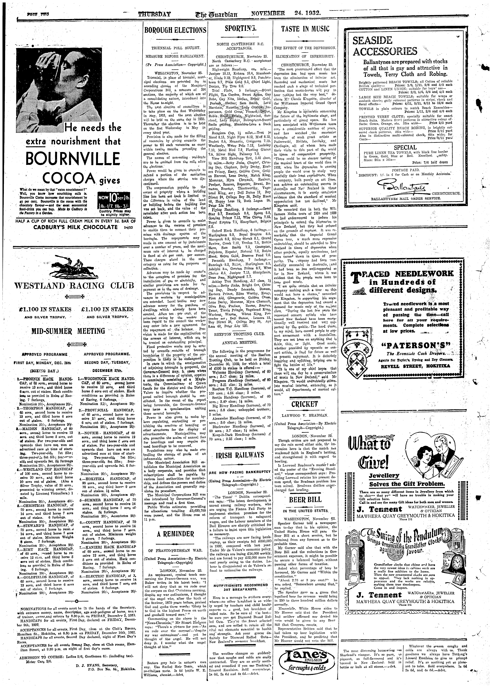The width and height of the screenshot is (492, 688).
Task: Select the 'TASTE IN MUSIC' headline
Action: pyautogui.click(x=305, y=29)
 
